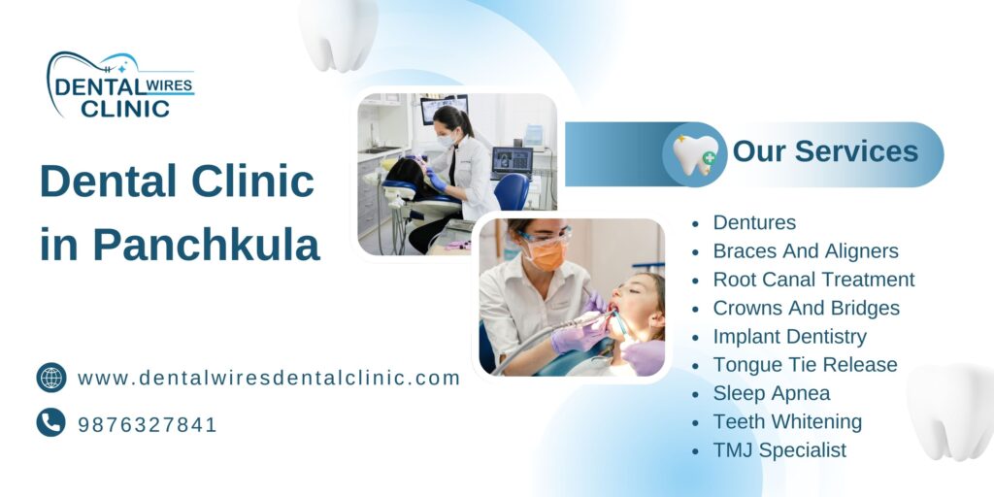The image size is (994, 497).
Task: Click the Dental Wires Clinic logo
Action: pos(120,85)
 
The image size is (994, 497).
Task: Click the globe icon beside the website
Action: pos(51,378)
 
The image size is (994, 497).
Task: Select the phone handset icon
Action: pos(51,422)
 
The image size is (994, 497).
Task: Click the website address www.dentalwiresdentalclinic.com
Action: pos(269,378)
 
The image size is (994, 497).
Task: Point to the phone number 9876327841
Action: pos(148,424)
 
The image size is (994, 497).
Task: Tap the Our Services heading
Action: pos(825,151)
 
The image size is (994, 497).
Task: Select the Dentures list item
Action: pos(754,222)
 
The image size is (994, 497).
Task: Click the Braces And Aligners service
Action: pos(806,251)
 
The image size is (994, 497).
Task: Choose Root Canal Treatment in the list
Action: pos(813,280)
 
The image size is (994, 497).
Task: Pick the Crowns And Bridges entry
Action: pos(806,308)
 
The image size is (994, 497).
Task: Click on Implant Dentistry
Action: pos(789,337)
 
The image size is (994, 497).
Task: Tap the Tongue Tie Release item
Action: pos(805,365)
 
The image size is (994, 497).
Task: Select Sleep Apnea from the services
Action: pos(772,393)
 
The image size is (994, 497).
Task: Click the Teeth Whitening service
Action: pos(787,421)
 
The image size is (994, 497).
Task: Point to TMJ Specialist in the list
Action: pos(779,450)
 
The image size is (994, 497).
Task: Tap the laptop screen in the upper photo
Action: pos(512,159)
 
